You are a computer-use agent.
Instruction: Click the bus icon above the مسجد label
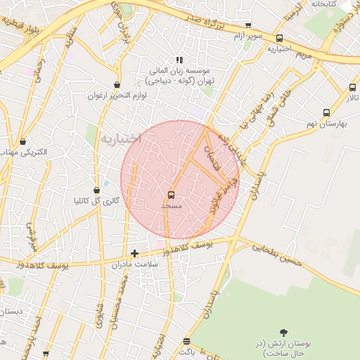point(172,195)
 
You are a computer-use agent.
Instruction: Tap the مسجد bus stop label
point(172,206)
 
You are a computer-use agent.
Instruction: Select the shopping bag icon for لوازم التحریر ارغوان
point(116,84)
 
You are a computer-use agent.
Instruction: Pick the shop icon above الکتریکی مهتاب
point(23,141)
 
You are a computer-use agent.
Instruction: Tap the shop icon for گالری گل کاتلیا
point(96,190)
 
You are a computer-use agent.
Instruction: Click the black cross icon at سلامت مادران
point(135,253)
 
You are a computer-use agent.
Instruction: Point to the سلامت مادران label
point(135,264)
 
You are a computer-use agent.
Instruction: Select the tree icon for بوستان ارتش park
point(284,332)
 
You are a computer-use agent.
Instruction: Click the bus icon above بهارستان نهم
point(326,112)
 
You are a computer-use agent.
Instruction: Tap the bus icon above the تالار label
point(352,88)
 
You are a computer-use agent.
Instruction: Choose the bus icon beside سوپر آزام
point(280,39)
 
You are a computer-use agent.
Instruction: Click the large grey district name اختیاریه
point(120,138)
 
